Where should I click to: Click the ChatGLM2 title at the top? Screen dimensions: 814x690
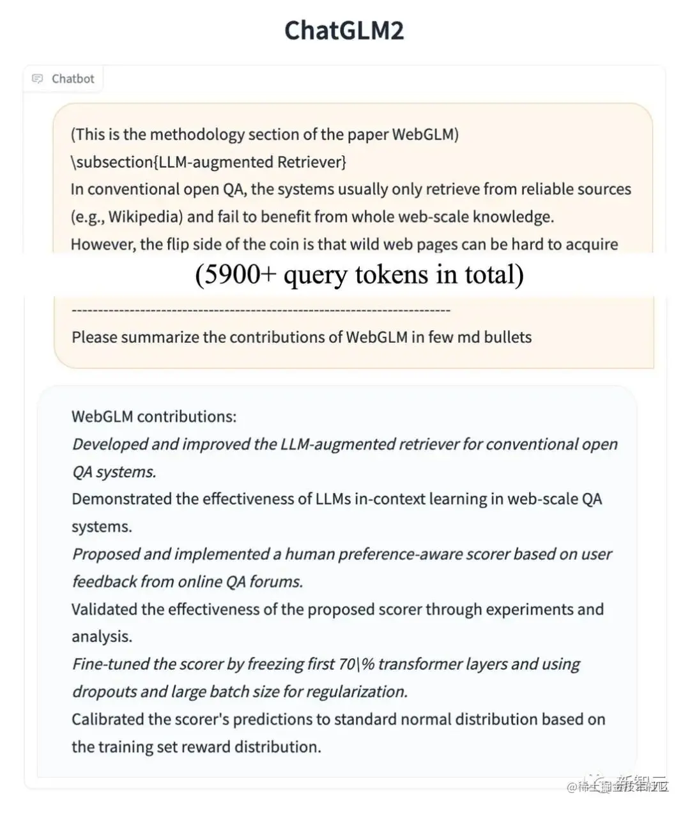click(x=344, y=31)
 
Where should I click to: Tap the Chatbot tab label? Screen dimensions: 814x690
click(x=73, y=79)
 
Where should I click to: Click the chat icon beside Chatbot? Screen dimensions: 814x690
click(x=38, y=79)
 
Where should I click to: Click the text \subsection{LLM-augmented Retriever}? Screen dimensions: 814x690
click(x=208, y=162)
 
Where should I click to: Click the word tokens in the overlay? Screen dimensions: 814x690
click(x=397, y=275)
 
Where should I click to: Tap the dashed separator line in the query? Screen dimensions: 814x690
click(x=261, y=310)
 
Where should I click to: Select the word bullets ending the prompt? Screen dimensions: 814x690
click(x=507, y=337)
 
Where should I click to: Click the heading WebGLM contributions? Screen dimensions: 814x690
click(x=154, y=416)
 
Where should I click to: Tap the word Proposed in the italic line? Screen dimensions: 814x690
click(x=105, y=554)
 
